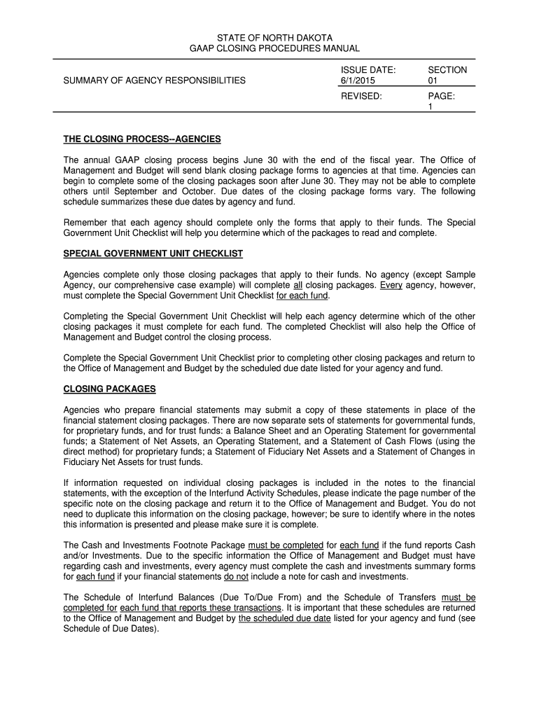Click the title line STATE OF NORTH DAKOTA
[269, 36]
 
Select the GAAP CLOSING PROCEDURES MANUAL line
[269, 48]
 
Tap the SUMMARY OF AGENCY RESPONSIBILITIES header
[155, 81]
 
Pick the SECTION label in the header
[447, 70]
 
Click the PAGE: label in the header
[442, 96]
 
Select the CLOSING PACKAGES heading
[110, 389]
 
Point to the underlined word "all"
[297, 286]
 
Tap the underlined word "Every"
[393, 286]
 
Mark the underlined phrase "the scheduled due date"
[284, 619]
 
